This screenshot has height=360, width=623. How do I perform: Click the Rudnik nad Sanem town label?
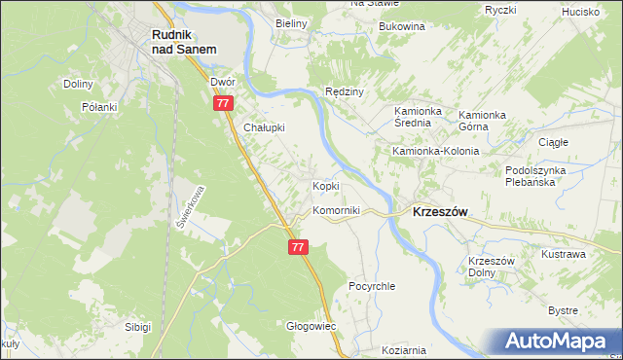[x=184, y=40]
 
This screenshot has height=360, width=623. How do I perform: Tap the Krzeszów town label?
[x=440, y=210]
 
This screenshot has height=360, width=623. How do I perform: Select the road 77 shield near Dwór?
[x=225, y=103]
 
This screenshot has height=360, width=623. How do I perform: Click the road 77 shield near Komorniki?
[x=299, y=248]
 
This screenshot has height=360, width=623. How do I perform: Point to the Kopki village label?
[x=325, y=186]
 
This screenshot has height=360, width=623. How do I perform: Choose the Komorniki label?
[x=336, y=210]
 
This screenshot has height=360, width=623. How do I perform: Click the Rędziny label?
[x=345, y=91]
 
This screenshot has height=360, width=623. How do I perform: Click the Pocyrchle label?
[x=372, y=287]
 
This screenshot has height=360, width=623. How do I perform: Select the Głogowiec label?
[x=311, y=326]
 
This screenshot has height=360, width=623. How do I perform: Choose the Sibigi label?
[x=137, y=327]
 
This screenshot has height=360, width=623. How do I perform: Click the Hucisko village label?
[x=581, y=12]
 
